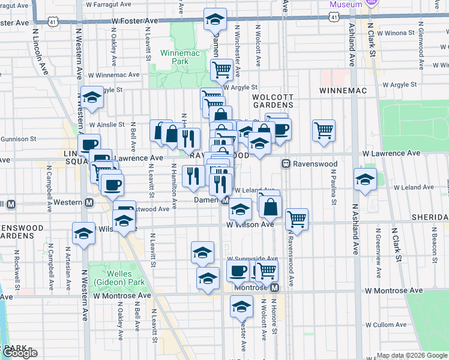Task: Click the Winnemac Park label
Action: click(175, 57)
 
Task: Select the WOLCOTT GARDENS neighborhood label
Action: click(273, 101)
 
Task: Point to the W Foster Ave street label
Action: click(134, 20)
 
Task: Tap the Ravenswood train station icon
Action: click(287, 163)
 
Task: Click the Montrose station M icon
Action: click(274, 288)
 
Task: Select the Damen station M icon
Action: click(226, 200)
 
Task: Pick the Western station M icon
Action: click(89, 203)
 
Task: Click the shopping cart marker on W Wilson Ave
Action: click(297, 218)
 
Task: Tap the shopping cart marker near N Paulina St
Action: click(324, 130)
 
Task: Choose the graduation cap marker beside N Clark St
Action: click(365, 179)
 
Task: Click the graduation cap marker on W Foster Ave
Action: click(215, 20)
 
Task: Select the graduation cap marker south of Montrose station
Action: click(241, 306)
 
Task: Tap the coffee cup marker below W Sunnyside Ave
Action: click(238, 271)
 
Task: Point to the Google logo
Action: click(19, 353)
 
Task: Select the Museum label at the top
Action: click(346, 4)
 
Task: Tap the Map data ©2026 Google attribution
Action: click(412, 355)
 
